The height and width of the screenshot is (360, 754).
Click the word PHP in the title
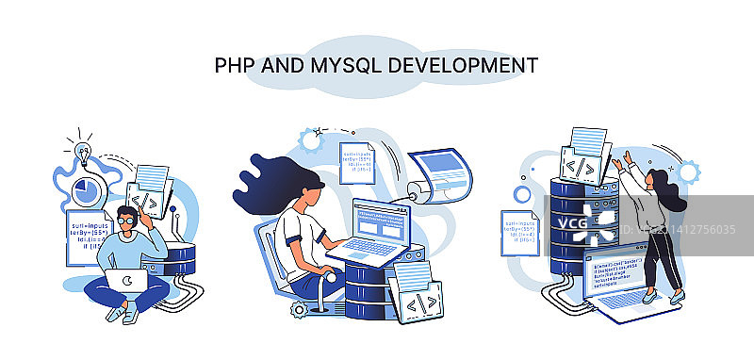coord(235,65)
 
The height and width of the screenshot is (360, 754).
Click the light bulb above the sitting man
coord(79,150)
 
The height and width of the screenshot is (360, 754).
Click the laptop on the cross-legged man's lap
coord(124,281)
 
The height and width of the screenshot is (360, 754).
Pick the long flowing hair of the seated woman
coord(273,174)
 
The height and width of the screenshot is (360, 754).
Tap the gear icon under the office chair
coord(299,308)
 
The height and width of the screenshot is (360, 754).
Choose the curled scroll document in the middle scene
coord(442,174)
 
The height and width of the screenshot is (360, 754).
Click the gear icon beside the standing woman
coord(688,172)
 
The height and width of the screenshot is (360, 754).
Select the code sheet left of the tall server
coord(522,232)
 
